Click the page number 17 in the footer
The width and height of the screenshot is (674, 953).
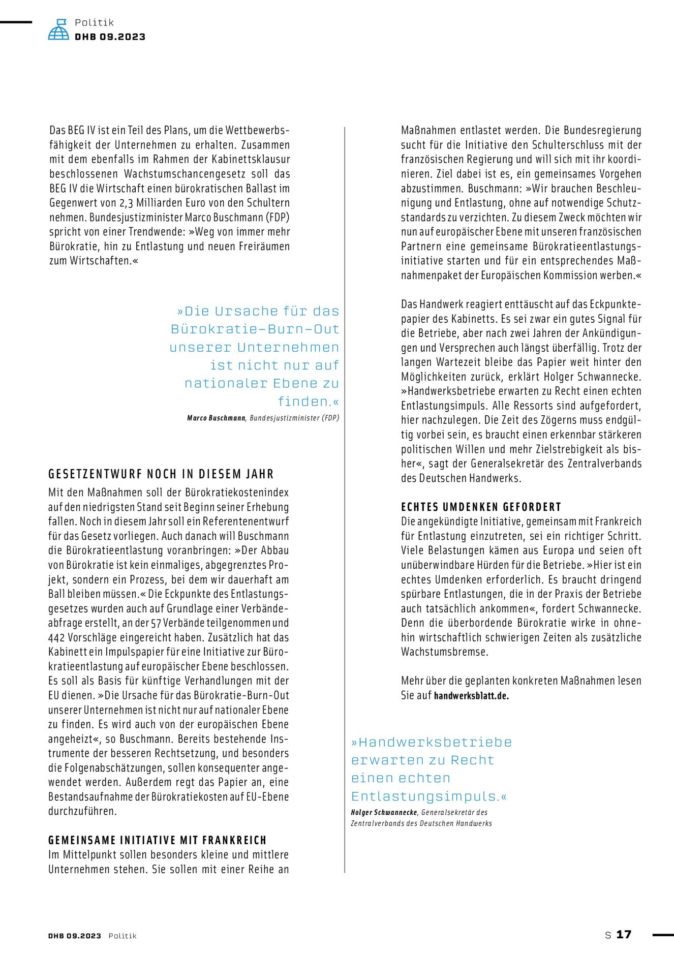coord(624,935)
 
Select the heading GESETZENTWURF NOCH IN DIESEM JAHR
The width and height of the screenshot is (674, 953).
coord(161,474)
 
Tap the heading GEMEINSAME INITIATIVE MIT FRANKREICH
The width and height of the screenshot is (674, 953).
coord(158,840)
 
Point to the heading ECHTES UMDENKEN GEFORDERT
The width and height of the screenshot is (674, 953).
coord(481,507)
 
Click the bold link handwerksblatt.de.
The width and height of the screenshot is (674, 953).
coord(471,695)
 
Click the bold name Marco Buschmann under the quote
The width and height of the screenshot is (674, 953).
coord(217,418)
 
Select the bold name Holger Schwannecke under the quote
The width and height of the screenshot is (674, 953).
coord(384,812)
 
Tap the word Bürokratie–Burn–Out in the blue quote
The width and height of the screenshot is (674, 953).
coord(255,329)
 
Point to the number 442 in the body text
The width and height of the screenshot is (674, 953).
coord(56,637)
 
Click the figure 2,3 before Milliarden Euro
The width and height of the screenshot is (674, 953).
coord(126,203)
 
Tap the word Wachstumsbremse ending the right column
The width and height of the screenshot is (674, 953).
coord(444,652)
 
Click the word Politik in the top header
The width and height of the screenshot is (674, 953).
coord(95,22)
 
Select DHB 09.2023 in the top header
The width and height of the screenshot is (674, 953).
coord(110,37)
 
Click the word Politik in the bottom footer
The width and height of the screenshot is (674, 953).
coord(122,936)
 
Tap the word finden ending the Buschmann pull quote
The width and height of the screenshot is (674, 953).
coord(303,402)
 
